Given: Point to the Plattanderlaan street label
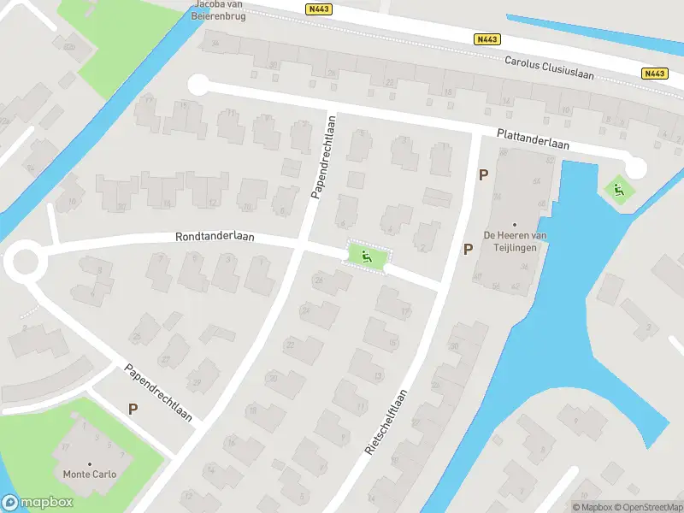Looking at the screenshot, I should click(x=534, y=140).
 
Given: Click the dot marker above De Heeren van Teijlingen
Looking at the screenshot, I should click(x=515, y=224).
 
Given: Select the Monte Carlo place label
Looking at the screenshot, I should click(x=89, y=474).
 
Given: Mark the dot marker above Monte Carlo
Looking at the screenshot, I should click(x=89, y=463).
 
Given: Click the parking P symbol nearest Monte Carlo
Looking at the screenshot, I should click(x=133, y=410).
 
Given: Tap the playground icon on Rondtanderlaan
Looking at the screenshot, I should click(x=367, y=255).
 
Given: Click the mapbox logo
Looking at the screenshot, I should click(x=38, y=502).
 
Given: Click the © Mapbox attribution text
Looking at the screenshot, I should click(x=593, y=507).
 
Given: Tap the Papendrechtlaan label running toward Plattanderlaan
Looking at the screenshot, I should click(x=325, y=160).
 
